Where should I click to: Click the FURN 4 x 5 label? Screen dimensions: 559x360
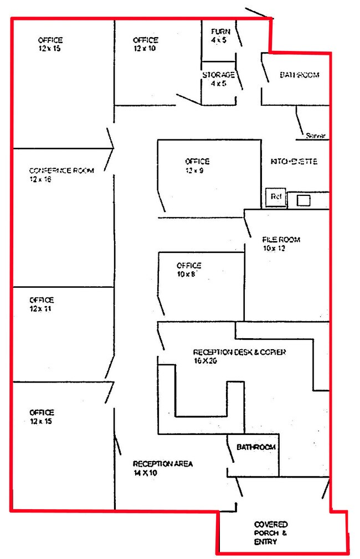(x=217, y=35)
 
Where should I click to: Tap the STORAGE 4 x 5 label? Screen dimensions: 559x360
(x=218, y=79)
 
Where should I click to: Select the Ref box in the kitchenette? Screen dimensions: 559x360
(x=276, y=196)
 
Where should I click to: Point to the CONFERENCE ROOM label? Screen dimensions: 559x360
(x=61, y=170)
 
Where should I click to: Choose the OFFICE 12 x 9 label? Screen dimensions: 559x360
(x=197, y=165)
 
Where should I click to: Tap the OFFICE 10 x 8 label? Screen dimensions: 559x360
(x=189, y=269)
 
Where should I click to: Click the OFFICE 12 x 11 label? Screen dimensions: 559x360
(x=42, y=304)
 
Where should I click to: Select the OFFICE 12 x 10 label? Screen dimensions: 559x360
(x=145, y=44)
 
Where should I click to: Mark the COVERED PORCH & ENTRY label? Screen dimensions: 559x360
(x=271, y=533)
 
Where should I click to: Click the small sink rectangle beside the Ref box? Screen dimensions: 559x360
(x=303, y=200)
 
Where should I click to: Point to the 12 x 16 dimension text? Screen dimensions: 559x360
(x=40, y=179)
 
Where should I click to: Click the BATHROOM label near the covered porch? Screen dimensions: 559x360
(x=256, y=447)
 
